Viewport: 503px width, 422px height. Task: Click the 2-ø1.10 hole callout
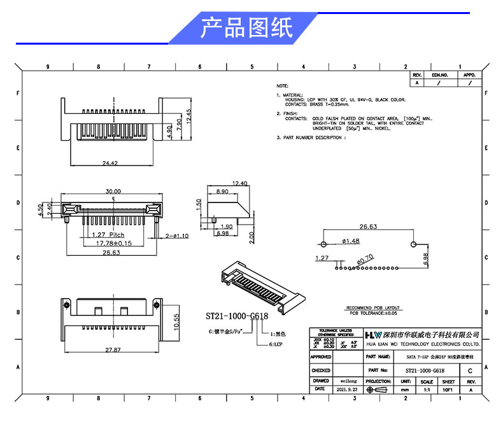point(176,236)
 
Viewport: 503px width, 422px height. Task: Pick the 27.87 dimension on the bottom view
point(113,349)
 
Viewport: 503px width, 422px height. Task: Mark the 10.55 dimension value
point(178,322)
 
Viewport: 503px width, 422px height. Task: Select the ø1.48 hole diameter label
point(351,241)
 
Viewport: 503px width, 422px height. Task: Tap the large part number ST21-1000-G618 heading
point(237,316)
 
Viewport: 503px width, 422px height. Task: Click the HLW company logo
point(372,334)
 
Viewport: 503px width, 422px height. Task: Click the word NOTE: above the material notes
point(282,85)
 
